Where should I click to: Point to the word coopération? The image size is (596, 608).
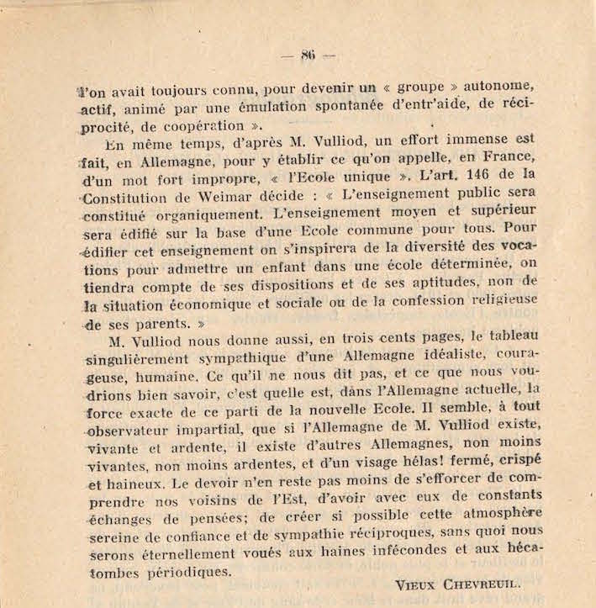tap(199, 127)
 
